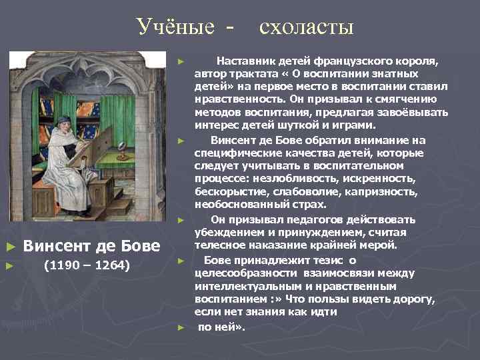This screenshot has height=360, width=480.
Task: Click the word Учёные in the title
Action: click(176, 27)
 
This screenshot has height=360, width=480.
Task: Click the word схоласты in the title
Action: click(306, 27)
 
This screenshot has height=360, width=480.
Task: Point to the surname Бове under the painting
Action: click(139, 246)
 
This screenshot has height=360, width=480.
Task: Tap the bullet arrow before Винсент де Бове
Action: click(9, 247)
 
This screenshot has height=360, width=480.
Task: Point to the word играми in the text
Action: click(359, 125)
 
